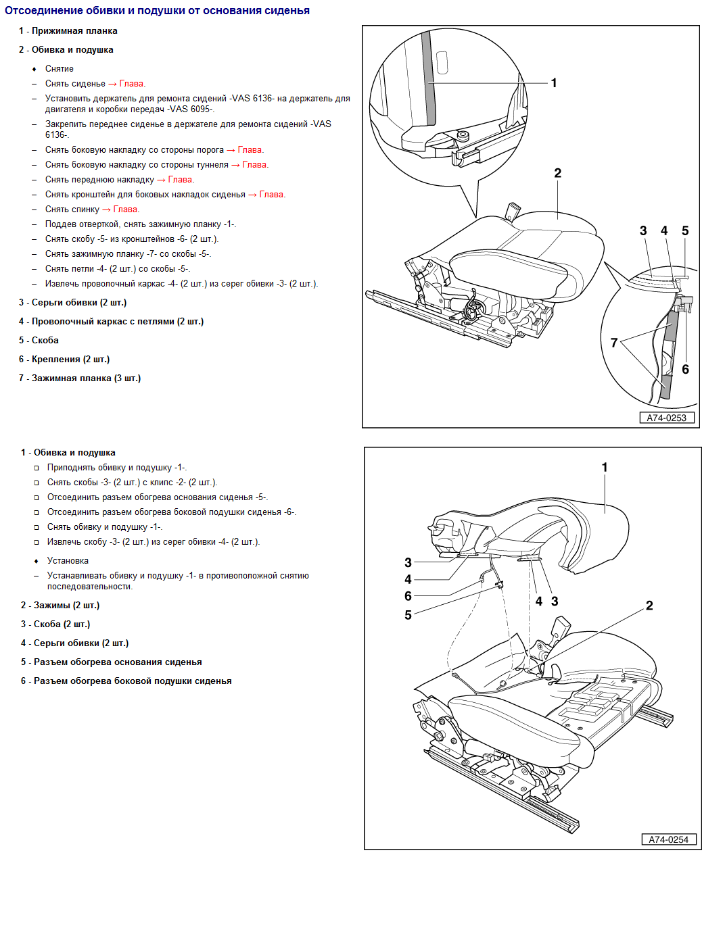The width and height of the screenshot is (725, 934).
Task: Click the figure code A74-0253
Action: (666, 418)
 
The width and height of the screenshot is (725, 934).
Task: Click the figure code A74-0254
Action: (668, 839)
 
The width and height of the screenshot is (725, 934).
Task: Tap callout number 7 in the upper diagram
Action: (614, 343)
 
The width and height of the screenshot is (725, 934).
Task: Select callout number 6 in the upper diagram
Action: (685, 369)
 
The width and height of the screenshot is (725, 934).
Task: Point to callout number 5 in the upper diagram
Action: (685, 231)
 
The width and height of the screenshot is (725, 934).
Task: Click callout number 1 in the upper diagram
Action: (554, 83)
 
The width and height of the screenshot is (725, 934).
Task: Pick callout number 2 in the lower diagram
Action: (649, 606)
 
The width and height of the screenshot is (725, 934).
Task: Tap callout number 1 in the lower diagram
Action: (605, 467)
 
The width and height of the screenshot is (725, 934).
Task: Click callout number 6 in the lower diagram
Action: (408, 596)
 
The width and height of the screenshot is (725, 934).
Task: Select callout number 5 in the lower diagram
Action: (408, 615)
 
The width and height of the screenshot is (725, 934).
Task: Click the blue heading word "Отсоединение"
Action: (47, 11)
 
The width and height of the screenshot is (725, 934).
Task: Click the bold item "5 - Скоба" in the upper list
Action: (39, 341)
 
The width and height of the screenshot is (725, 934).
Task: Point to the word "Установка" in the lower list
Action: (68, 561)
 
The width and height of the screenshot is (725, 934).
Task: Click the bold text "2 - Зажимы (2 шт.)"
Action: (60, 606)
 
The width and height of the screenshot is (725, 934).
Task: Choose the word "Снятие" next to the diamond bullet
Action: (60, 69)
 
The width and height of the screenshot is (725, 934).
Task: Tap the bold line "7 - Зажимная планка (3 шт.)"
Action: (80, 378)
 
